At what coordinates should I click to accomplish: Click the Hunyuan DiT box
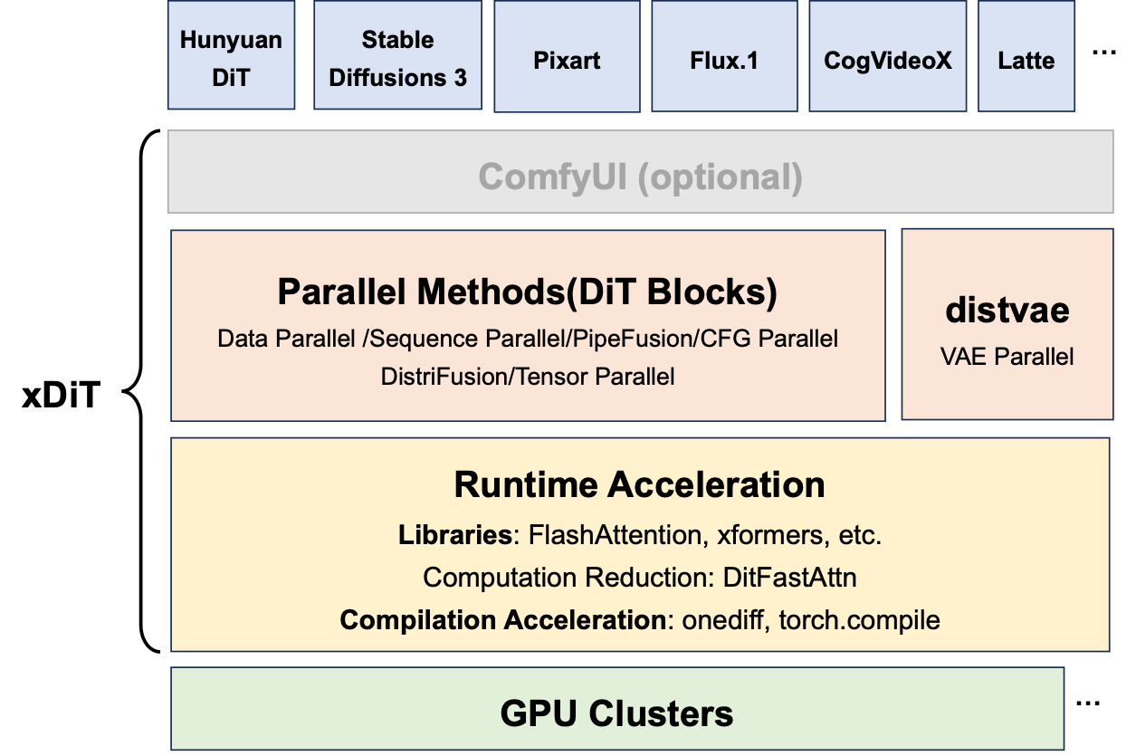(231, 57)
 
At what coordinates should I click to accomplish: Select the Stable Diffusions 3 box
(397, 57)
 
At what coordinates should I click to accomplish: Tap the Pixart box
(567, 61)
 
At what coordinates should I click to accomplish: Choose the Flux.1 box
(724, 61)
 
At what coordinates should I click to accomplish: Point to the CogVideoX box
(888, 61)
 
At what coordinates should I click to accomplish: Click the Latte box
(1026, 61)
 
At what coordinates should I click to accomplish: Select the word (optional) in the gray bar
(721, 177)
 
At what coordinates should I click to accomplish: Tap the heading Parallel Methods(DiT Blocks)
(527, 292)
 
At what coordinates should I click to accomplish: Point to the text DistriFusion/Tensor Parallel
(528, 377)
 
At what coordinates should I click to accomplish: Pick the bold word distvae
(1007, 310)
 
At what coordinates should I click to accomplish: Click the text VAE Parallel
(1007, 357)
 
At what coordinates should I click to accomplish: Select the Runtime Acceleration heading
(639, 485)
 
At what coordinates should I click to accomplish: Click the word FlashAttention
(616, 535)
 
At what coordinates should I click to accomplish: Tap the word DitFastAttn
(789, 578)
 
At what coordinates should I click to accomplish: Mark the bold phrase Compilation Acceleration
(503, 620)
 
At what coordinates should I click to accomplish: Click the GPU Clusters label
(616, 713)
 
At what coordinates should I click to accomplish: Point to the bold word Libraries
(454, 535)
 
